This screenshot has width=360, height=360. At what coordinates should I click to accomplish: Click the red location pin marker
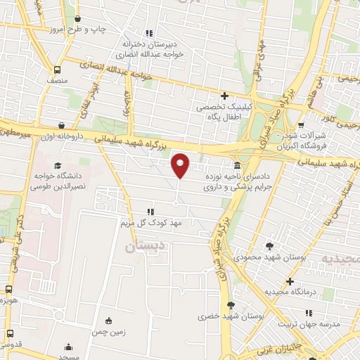181,165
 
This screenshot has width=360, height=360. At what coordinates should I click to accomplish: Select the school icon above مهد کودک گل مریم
150,211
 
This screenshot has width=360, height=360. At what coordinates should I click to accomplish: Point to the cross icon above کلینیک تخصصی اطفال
224,96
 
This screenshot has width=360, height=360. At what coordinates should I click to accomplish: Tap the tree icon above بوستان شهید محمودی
271,246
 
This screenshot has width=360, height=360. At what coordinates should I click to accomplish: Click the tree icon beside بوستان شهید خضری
231,304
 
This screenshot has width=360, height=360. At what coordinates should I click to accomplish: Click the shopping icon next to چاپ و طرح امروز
77,19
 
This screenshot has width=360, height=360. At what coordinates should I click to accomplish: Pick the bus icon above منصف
56,70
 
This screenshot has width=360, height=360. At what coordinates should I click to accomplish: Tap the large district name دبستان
148,247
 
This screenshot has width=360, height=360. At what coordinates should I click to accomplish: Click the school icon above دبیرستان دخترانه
148,32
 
